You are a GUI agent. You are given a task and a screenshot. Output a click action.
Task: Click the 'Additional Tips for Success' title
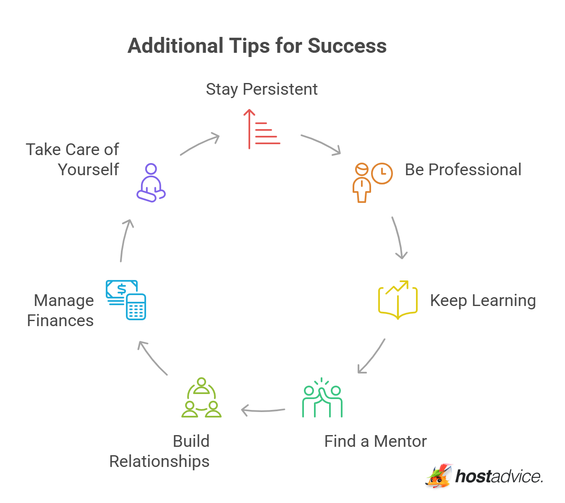coord(257,46)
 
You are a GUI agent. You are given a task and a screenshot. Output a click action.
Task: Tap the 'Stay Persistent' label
coord(262,89)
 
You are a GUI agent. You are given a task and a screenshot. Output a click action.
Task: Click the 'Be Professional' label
coord(463,170)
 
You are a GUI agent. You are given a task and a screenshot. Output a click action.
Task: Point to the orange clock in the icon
coord(382,173)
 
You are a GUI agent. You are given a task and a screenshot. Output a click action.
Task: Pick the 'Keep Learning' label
coord(483,301)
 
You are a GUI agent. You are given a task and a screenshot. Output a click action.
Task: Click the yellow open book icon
coord(398,300)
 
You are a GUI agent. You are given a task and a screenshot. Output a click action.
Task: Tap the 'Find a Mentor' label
coord(375,441)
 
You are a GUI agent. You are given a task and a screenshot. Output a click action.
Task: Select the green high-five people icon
coord(322,398)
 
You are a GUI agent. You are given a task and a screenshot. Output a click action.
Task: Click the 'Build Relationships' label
coord(160,451)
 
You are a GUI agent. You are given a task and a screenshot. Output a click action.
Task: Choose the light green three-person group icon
coord(201,398)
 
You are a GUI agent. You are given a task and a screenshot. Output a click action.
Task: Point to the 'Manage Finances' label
coord(60,311)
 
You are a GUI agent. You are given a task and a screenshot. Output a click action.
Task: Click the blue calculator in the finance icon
coord(136,307)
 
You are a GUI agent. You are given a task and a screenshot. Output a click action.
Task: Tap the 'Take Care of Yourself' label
coord(73,160)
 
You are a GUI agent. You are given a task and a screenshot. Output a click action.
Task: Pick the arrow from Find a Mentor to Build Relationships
coord(263,410)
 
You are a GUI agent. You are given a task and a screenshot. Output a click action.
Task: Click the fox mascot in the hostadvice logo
coord(439,476)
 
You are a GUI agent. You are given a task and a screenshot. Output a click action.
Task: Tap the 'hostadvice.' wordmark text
coord(499,477)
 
